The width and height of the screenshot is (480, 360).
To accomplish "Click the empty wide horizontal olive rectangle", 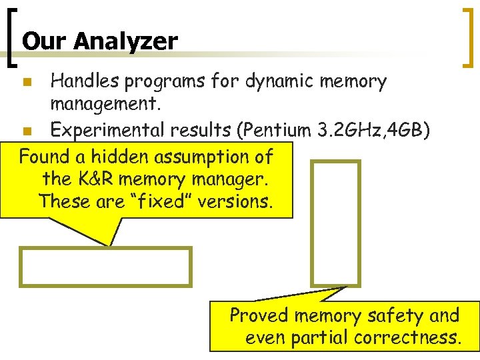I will click(105, 267).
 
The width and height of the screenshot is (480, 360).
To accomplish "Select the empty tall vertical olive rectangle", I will click(336, 223).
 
